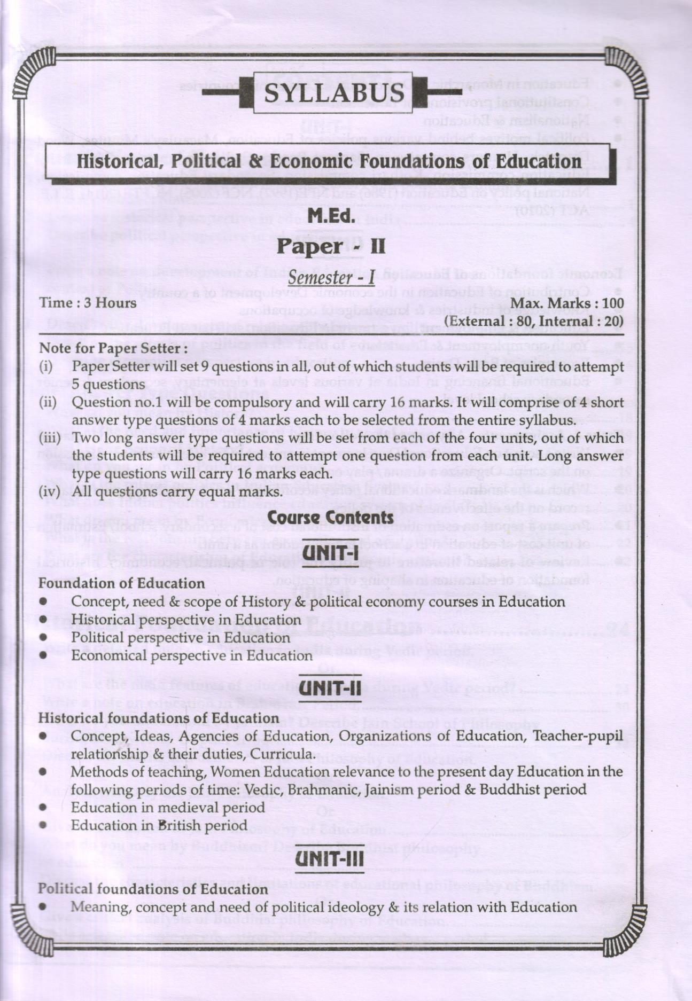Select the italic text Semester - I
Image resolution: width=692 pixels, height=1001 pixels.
[331, 278]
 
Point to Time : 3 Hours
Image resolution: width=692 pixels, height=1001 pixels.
[88, 303]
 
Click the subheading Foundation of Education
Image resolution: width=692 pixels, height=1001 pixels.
[121, 583]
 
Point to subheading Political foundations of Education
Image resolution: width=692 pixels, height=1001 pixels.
[153, 889]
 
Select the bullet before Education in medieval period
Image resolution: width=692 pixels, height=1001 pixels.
[43, 808]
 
